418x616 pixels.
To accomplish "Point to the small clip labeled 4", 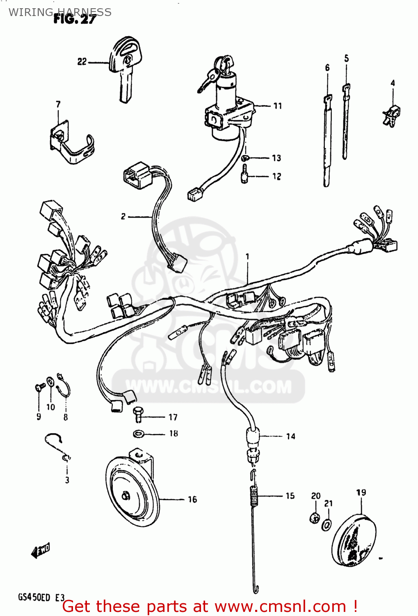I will [x=392, y=115].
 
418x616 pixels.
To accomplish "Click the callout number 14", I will [x=290, y=436].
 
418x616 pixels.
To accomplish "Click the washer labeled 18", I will [x=138, y=433].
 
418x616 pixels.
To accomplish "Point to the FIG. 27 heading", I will [x=75, y=19].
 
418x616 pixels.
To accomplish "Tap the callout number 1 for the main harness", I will [x=247, y=257].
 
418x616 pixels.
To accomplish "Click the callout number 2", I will [x=123, y=216].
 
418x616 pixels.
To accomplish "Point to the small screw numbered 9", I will [x=40, y=387].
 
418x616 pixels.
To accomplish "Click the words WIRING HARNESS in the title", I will [x=60, y=12].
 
